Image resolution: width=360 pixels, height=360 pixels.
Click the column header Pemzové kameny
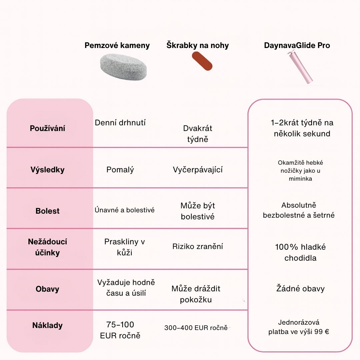[117, 45]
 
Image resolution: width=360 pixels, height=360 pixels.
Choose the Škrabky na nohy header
[198, 45]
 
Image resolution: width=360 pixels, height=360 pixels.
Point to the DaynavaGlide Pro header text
[297, 45]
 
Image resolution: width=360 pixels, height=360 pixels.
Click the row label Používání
[47, 128]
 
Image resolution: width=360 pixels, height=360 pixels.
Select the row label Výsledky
[47, 170]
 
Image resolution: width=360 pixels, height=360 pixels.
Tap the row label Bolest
[47, 211]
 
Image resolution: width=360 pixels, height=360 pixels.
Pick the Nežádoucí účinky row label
[47, 247]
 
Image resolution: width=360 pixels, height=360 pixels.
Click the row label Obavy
[47, 289]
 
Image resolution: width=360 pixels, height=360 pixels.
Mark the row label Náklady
[47, 325]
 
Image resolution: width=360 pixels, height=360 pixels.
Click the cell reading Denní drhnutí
[120, 123]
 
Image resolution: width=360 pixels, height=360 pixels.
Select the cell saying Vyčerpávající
[198, 170]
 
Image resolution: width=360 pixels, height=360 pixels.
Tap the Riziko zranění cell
[198, 247]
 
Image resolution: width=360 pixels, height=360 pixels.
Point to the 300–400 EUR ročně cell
[196, 328]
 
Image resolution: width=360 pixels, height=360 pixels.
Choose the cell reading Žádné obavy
[300, 289]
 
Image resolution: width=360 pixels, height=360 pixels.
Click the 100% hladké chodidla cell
[300, 252]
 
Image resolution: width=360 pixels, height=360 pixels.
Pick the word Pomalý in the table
[120, 170]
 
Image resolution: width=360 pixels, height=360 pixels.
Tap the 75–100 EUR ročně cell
[120, 330]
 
